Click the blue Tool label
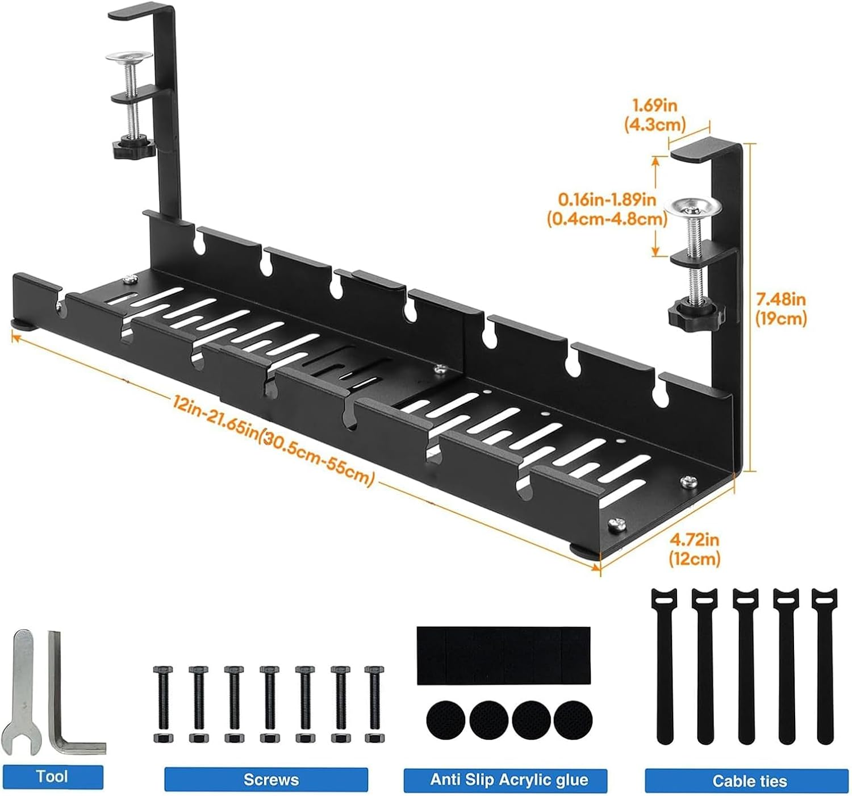pyautogui.click(x=52, y=776)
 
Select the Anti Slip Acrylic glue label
pyautogui.click(x=505, y=780)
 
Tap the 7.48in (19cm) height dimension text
pyautogui.click(x=780, y=309)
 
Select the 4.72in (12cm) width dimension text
pyautogui.click(x=694, y=548)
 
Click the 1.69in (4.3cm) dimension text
pyautogui.click(x=654, y=114)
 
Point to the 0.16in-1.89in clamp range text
pyautogui.click(x=607, y=209)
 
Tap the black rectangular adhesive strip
pyautogui.click(x=503, y=655)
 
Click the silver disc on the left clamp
pyautogui.click(x=130, y=57)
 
